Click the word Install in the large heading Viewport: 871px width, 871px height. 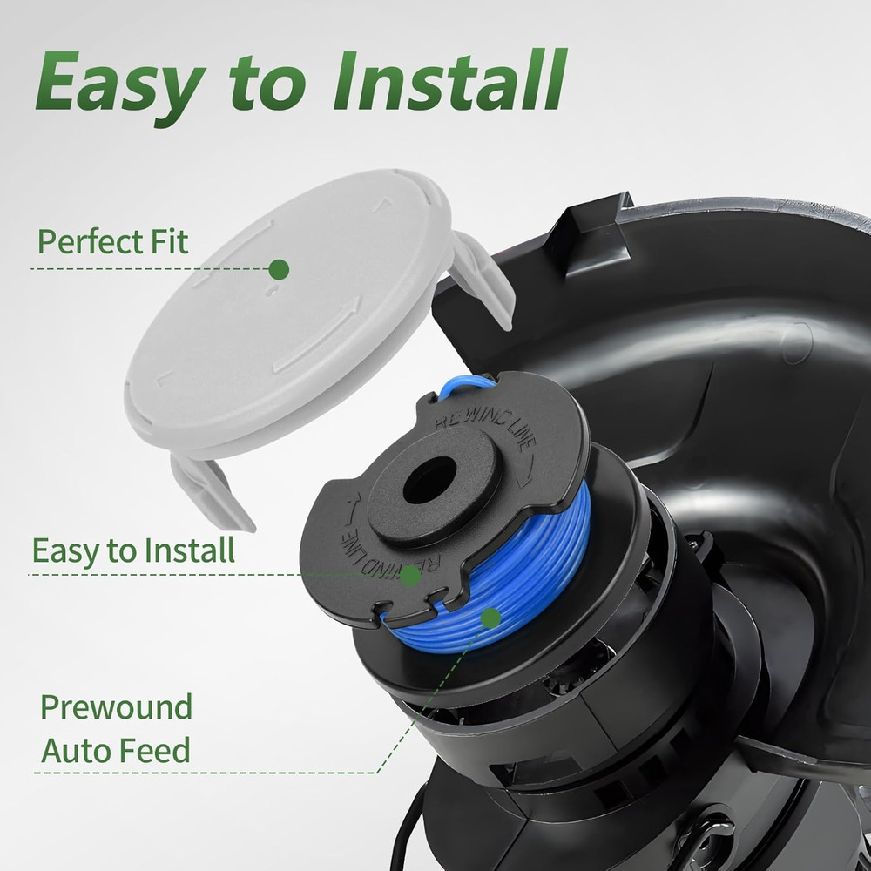[x=450, y=80]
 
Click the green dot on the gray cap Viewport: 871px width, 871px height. [x=279, y=269]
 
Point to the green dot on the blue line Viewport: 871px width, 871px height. [x=491, y=618]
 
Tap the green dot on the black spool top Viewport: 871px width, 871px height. [x=410, y=576]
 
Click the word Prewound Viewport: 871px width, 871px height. [x=116, y=707]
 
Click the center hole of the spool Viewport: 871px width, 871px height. [x=430, y=481]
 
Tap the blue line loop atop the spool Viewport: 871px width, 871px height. [x=465, y=385]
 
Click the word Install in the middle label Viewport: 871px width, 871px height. [x=189, y=550]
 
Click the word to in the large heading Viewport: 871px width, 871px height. [x=267, y=84]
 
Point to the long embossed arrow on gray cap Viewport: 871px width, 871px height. [x=318, y=336]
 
